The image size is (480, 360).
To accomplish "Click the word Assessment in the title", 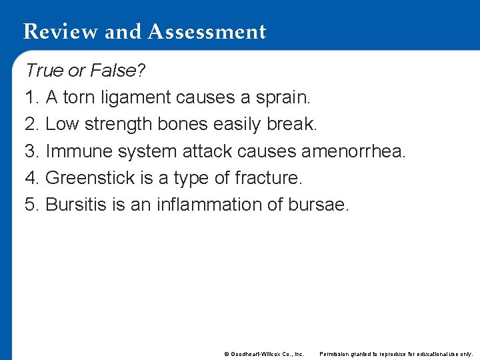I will click(x=208, y=32).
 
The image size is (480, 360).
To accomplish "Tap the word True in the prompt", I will click(x=44, y=70).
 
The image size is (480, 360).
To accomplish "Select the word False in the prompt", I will click(x=113, y=70).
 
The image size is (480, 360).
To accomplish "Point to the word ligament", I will click(x=136, y=97).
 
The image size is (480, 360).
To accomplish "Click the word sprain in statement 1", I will click(x=282, y=97).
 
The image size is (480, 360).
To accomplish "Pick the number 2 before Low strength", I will click(x=30, y=124).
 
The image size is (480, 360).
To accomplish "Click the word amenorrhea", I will click(x=352, y=151).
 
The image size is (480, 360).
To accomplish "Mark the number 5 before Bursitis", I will click(x=30, y=205).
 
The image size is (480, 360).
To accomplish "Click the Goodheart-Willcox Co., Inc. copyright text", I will click(x=264, y=353).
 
